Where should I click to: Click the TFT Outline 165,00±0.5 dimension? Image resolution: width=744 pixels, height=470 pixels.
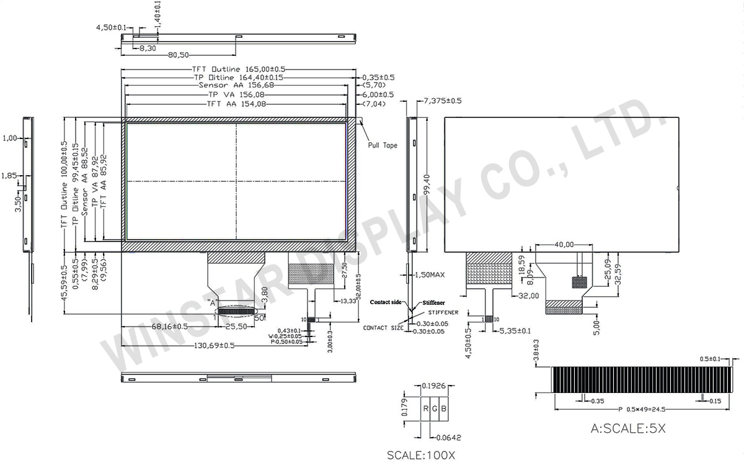pos(238,69)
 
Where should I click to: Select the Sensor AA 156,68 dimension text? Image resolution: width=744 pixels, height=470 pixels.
pos(235,85)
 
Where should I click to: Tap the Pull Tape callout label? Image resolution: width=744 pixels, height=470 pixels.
pos(382,145)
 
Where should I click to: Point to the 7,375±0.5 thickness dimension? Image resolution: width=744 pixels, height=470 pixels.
pos(442,100)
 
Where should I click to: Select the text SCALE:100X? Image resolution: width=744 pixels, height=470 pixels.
pos(421,455)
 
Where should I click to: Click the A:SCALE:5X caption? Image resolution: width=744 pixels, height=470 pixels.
pos(629,428)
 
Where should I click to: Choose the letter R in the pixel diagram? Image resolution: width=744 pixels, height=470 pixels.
pos(425,409)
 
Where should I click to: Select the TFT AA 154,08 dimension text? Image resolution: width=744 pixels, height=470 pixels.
pos(236,104)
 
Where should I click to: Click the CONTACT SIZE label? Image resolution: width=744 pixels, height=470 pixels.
pos(383,327)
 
